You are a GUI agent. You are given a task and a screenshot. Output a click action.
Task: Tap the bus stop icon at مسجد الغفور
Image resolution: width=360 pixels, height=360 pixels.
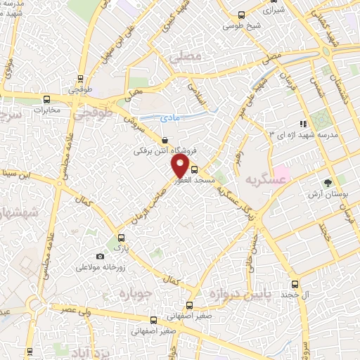coord(195,169)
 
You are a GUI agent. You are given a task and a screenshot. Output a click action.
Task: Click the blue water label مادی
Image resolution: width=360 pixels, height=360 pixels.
coord(169,118)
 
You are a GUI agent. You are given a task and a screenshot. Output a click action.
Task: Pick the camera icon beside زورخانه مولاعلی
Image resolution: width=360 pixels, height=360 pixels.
coord(100,257)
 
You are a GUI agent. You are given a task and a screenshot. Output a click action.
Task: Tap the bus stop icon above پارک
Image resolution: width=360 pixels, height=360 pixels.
coord(111,237)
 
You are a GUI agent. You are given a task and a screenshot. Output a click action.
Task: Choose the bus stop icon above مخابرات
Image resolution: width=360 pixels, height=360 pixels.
coord(46,99)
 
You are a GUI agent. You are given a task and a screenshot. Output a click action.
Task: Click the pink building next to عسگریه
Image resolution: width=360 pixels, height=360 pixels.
coord(281,172)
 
